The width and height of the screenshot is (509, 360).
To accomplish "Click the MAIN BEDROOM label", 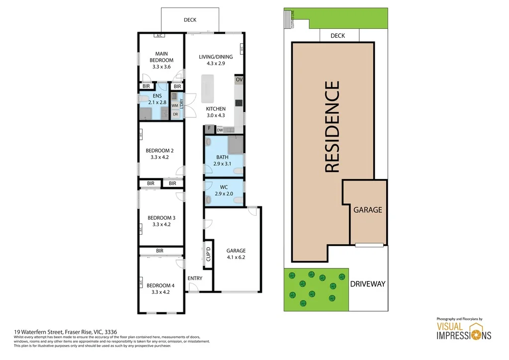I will [162, 57].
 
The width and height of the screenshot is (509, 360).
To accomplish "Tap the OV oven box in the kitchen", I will [239, 80].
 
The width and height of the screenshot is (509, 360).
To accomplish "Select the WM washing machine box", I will [175, 105].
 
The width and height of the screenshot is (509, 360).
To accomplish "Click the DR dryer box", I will [175, 114].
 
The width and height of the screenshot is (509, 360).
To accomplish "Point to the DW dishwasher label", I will [219, 130].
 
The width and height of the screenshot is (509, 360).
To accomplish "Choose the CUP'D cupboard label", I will [208, 254].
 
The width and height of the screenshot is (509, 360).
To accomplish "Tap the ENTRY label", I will [195, 278].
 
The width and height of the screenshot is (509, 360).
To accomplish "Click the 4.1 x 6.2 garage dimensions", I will [236, 258].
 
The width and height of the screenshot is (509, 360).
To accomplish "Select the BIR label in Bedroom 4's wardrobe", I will [160, 251].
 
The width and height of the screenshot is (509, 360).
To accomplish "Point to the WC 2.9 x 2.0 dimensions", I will [224, 193].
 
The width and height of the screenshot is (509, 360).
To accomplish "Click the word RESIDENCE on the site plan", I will [332, 127].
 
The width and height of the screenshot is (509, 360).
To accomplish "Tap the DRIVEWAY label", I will [367, 284].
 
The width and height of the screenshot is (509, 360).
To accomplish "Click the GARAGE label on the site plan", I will [368, 210].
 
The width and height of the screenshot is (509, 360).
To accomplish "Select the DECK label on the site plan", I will [338, 36].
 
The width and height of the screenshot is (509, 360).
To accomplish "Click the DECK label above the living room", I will [190, 20].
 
